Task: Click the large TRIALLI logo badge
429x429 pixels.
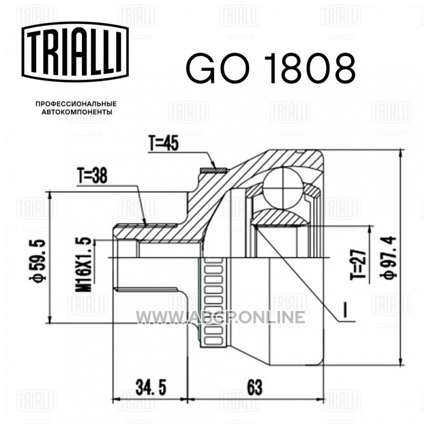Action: click(x=75, y=51)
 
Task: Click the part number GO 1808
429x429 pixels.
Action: click(x=271, y=68)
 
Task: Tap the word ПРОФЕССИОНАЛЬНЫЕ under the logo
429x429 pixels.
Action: click(x=76, y=104)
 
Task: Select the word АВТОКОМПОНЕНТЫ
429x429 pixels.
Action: click(x=77, y=112)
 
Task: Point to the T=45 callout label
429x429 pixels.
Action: click(x=164, y=143)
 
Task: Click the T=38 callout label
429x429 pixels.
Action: click(x=92, y=176)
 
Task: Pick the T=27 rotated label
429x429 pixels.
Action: click(x=358, y=264)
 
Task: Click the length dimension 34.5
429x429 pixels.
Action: click(x=151, y=387)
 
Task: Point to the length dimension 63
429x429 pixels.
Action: click(x=255, y=387)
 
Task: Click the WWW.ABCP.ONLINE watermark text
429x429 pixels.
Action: click(x=220, y=317)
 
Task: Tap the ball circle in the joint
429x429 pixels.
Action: click(x=283, y=188)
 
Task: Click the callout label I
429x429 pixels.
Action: click(x=345, y=310)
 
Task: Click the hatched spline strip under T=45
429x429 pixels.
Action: click(x=213, y=170)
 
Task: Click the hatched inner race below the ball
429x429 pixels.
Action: click(x=279, y=218)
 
